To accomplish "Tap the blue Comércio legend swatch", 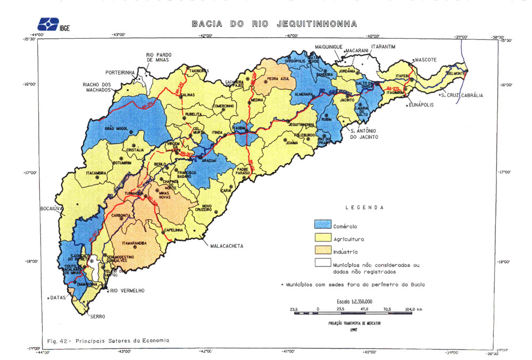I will click(322, 225).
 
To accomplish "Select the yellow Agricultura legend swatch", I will click(322, 238).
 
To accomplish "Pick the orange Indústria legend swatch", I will click(322, 251).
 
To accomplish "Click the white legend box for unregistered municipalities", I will click(322, 263).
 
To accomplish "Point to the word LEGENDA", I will click(364, 207).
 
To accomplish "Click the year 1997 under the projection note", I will click(353, 330).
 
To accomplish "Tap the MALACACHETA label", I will click(227, 246).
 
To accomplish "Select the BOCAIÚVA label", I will click(52, 209).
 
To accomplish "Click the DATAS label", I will click(57, 298).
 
